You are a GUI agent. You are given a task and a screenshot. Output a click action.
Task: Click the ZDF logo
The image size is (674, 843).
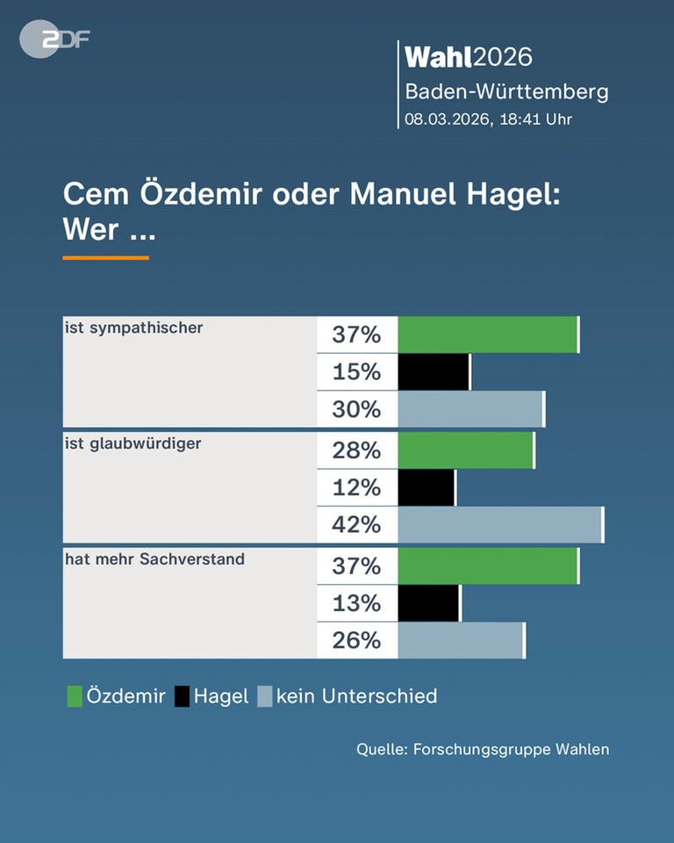(54, 40)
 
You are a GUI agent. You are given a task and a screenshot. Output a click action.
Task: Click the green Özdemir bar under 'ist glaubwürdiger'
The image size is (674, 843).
(465, 450)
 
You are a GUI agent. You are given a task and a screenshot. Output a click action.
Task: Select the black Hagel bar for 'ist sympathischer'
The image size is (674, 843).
(434, 372)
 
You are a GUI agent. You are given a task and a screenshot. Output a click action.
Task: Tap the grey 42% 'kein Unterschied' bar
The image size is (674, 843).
(500, 525)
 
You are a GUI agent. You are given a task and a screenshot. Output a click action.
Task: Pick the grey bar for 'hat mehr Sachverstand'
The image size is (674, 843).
(461, 641)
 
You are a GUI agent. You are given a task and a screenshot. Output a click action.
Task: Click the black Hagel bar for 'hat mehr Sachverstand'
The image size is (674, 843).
(428, 604)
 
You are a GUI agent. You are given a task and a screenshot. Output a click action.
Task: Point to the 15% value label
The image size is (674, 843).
(356, 372)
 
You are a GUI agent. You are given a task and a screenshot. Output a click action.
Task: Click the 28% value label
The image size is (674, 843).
(356, 450)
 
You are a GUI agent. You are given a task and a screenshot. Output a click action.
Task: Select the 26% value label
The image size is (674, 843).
(356, 641)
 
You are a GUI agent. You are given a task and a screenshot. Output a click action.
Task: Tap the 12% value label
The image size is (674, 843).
(356, 488)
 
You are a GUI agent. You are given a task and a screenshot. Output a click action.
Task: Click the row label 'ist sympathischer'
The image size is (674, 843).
(133, 328)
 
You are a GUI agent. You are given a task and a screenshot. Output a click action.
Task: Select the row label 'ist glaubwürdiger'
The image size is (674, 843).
(133, 444)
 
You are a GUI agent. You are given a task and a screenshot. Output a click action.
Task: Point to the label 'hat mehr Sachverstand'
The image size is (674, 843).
(154, 558)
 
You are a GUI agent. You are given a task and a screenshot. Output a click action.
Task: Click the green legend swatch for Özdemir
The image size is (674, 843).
(75, 697)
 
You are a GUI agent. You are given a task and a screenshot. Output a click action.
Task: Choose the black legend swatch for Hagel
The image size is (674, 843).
(182, 697)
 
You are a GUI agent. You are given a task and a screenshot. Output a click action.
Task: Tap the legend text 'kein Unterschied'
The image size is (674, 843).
(356, 697)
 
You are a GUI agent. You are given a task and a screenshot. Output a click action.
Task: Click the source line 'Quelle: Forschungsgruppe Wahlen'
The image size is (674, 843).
(482, 749)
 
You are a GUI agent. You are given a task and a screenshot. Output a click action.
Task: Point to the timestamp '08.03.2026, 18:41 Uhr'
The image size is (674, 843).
(488, 119)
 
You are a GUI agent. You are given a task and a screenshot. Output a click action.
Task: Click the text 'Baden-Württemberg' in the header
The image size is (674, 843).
(505, 91)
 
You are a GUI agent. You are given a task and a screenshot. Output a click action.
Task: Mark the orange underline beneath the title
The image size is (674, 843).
(105, 258)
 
